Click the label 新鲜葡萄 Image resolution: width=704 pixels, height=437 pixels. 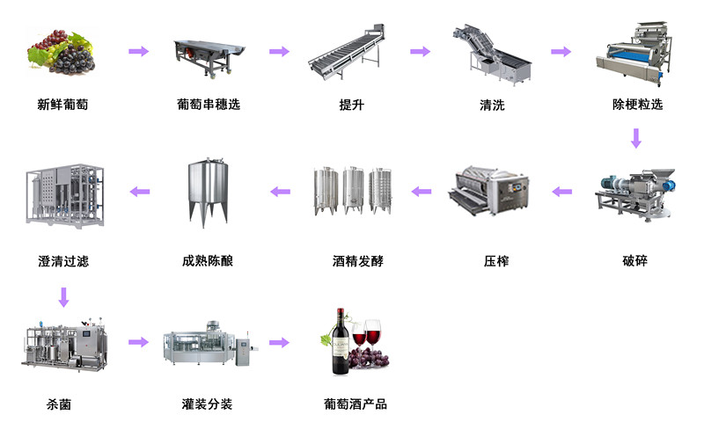62,106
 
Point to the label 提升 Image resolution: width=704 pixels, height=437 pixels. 351,106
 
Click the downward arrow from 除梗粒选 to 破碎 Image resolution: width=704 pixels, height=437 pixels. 635,138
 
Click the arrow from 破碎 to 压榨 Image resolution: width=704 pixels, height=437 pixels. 561,191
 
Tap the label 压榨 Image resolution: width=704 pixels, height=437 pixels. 495,261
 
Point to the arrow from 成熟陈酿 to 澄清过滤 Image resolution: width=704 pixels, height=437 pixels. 139,191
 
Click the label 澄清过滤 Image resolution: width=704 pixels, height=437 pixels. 62,261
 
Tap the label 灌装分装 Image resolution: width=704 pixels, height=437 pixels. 207,404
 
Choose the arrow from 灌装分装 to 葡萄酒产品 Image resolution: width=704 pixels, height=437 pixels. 280,342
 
